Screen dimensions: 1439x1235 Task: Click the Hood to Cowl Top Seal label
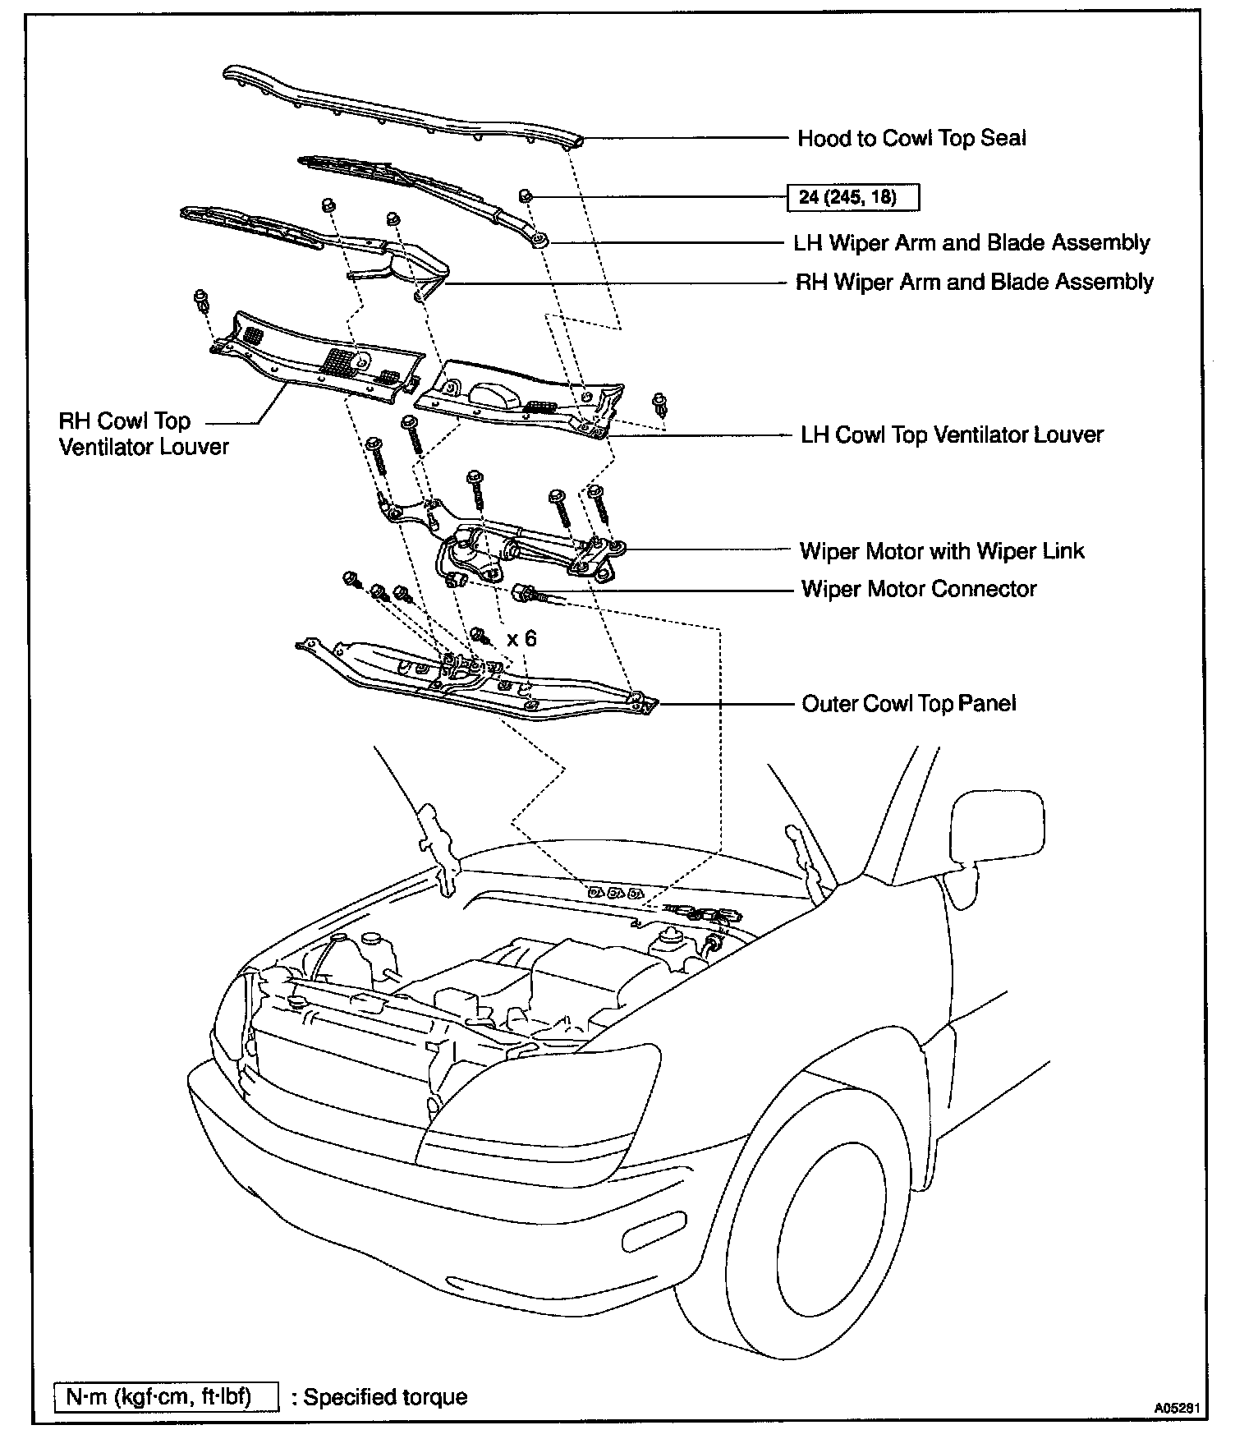tap(911, 138)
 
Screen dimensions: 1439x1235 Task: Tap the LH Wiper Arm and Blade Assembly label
tap(971, 243)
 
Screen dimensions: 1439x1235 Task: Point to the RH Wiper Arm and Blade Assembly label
tap(975, 283)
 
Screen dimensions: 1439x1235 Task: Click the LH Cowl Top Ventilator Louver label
tap(953, 434)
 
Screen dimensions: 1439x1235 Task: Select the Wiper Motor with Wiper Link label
tap(942, 550)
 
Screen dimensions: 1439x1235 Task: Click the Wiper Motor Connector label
tap(919, 589)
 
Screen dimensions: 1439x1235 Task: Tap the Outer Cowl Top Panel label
tap(909, 704)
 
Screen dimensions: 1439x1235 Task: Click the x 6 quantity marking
tap(521, 638)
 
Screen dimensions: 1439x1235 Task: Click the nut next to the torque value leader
tap(526, 195)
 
